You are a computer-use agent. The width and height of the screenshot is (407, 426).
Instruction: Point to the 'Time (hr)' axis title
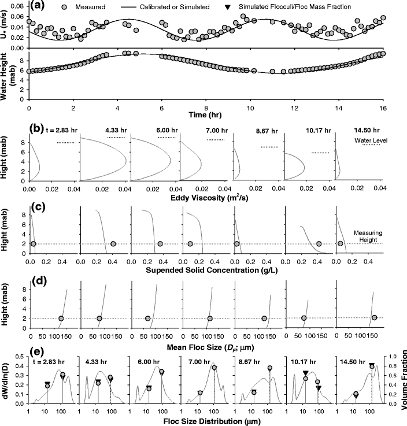coord(205,116)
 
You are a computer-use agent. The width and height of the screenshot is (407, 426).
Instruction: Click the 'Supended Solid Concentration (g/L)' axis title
coord(206,271)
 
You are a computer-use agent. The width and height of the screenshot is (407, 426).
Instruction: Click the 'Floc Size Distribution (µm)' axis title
coord(206,419)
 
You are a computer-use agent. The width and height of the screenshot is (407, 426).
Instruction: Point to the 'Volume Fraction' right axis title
coord(402,379)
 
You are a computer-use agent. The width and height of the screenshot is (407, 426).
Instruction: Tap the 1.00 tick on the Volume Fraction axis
coord(388,357)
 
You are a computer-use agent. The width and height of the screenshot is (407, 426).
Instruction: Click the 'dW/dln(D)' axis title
coord(6,379)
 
